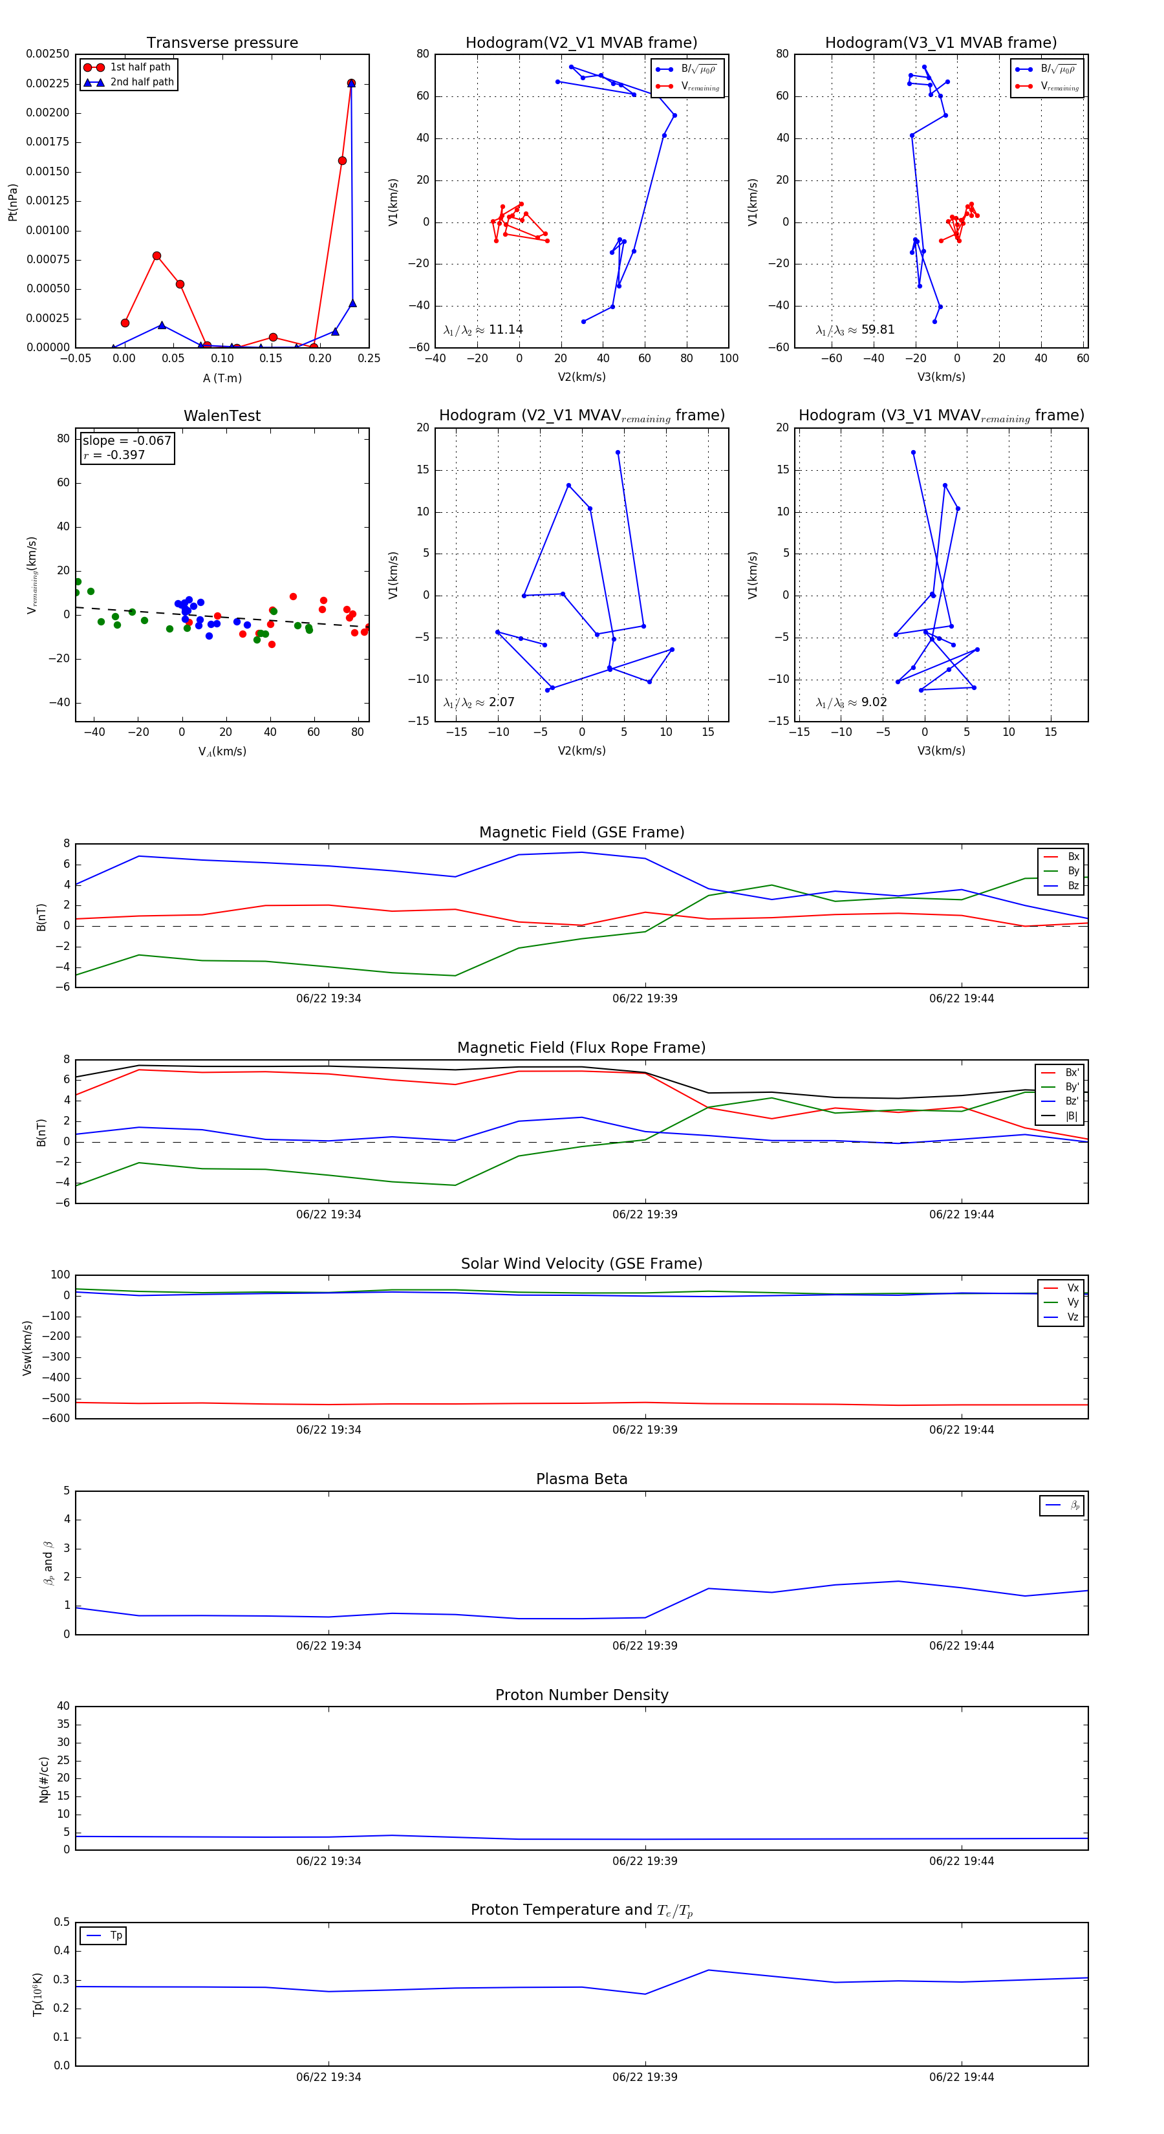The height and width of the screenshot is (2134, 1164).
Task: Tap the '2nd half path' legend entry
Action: click(142, 82)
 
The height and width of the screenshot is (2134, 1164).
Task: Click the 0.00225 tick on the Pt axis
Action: click(47, 83)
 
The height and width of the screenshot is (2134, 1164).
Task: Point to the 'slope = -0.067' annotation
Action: click(127, 441)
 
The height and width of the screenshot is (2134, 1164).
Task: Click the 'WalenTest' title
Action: click(222, 416)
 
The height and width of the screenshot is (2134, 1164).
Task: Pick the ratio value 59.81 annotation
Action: click(878, 330)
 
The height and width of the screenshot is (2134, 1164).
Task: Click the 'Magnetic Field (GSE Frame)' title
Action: click(581, 832)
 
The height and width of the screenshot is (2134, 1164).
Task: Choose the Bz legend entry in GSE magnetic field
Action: click(1073, 885)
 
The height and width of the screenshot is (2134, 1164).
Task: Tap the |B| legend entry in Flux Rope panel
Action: click(1072, 1116)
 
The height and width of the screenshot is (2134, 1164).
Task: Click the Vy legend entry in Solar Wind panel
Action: click(1073, 1302)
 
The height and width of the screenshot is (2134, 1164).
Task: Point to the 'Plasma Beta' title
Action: click(581, 1479)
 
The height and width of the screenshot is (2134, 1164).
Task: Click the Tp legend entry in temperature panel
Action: click(116, 1935)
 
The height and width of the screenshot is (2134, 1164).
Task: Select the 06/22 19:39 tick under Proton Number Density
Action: click(645, 1860)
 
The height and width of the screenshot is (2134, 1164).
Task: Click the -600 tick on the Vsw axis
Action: click(56, 1418)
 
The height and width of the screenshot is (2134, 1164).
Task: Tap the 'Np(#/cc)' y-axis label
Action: click(44, 1780)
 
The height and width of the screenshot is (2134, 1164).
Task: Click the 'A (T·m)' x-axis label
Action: click(222, 378)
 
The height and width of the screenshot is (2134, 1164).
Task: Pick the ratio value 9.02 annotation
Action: click(874, 702)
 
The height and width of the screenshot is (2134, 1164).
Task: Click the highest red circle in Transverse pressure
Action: click(351, 83)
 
